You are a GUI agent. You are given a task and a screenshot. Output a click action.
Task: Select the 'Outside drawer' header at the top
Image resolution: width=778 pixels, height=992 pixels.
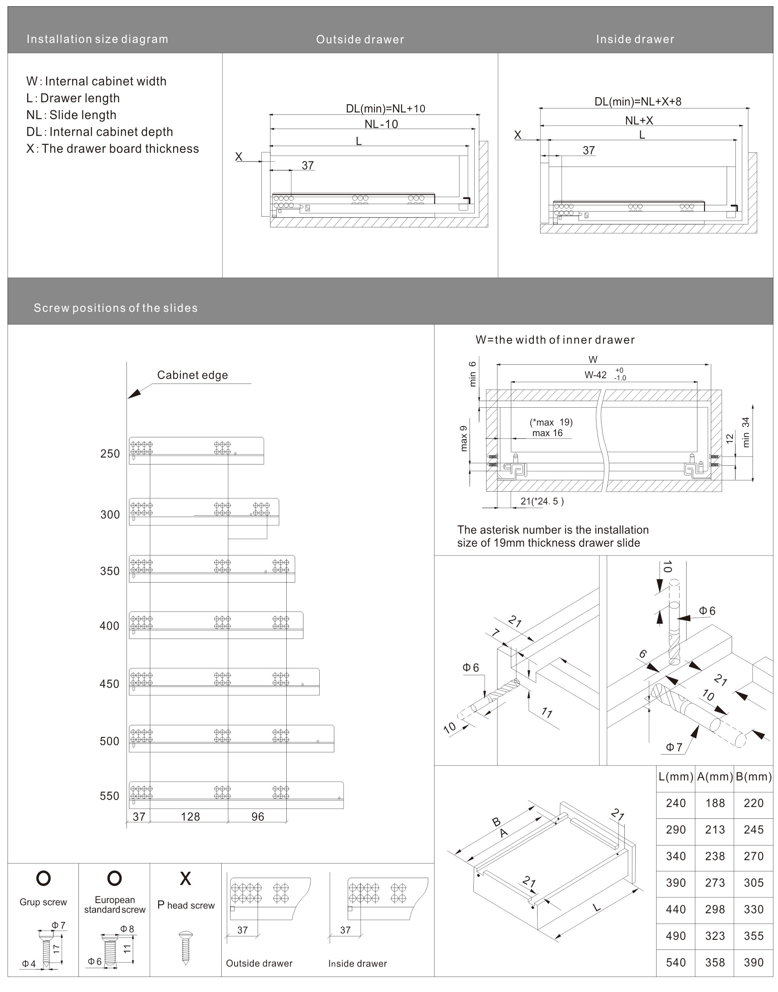pyautogui.click(x=360, y=40)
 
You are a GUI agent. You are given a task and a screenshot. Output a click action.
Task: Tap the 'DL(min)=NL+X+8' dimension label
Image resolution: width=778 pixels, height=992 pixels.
pyautogui.click(x=638, y=101)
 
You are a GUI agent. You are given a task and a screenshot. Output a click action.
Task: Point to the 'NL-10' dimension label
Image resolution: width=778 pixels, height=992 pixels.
pyautogui.click(x=381, y=124)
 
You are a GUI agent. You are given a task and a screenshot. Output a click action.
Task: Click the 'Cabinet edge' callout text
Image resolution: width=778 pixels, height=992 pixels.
pyautogui.click(x=192, y=375)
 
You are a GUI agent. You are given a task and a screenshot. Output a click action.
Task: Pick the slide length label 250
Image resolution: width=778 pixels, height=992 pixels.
pyautogui.click(x=110, y=454)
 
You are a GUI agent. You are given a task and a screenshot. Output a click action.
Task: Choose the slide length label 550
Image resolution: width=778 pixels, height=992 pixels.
pyautogui.click(x=109, y=796)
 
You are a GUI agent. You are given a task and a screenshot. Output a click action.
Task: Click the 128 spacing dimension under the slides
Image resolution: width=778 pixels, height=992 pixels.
pyautogui.click(x=190, y=817)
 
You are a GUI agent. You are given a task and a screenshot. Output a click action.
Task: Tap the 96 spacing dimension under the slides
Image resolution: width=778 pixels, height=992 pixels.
pyautogui.click(x=258, y=817)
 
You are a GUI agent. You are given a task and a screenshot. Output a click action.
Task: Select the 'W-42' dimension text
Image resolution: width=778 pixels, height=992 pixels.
pyautogui.click(x=596, y=375)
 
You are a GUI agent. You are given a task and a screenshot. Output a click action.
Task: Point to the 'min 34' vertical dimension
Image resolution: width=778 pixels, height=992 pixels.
pyautogui.click(x=746, y=432)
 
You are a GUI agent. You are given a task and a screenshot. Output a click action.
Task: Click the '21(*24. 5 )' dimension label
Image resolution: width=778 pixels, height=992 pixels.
pyautogui.click(x=542, y=502)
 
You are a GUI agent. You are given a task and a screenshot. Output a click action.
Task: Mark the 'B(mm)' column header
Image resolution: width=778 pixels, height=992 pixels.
pyautogui.click(x=753, y=777)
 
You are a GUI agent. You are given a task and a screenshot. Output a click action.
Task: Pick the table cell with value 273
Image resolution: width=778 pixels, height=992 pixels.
pyautogui.click(x=715, y=883)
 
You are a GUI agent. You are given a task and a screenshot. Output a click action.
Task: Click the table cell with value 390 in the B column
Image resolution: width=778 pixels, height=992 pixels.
pyautogui.click(x=753, y=962)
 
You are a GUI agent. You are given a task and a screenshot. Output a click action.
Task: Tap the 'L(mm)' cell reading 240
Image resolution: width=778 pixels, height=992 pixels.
pyautogui.click(x=675, y=803)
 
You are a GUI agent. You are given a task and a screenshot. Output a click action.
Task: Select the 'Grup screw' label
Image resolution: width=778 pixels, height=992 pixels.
pyautogui.click(x=43, y=902)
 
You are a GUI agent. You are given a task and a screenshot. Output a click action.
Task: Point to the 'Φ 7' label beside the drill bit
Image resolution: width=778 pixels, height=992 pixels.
pyautogui.click(x=674, y=747)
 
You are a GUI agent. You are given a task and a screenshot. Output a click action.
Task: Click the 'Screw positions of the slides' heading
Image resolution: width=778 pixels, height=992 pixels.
pyautogui.click(x=116, y=308)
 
